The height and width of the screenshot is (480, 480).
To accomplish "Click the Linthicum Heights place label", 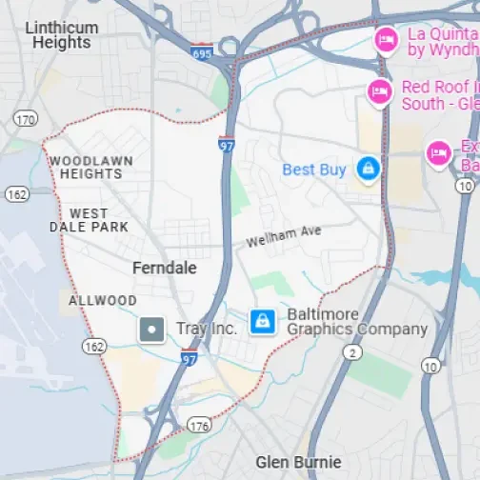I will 61,35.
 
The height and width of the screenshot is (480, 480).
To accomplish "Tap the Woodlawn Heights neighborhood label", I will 90,168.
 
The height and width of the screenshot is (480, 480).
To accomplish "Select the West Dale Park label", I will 89,220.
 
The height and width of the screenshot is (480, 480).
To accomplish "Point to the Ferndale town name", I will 165,269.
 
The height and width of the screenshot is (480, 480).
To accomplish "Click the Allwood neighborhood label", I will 103,301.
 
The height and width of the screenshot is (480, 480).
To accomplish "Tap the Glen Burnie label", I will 297,463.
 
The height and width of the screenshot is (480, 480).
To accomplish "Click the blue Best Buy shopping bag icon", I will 368,170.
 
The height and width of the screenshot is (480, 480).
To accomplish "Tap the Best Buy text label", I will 314,170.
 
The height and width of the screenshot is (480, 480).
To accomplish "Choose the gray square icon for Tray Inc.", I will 151,330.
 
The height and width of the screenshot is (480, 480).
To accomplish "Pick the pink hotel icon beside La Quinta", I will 386,39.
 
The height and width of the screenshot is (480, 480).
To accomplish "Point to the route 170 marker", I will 25,118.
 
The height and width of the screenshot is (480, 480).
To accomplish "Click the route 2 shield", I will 353,353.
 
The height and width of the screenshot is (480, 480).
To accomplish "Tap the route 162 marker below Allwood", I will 93,346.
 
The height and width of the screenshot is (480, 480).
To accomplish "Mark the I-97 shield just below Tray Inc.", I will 190,357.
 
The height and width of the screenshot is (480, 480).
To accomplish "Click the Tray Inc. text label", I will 206,330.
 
